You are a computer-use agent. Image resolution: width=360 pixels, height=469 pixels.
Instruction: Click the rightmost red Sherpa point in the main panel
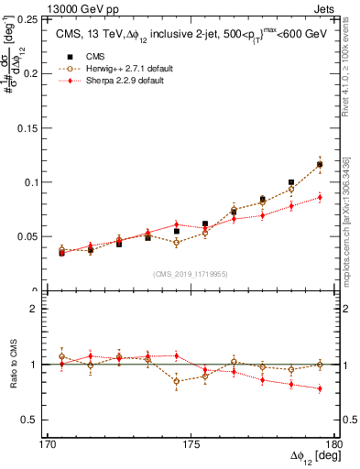(x=320, y=197)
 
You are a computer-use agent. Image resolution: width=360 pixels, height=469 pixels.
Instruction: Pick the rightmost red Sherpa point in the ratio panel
(x=320, y=388)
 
